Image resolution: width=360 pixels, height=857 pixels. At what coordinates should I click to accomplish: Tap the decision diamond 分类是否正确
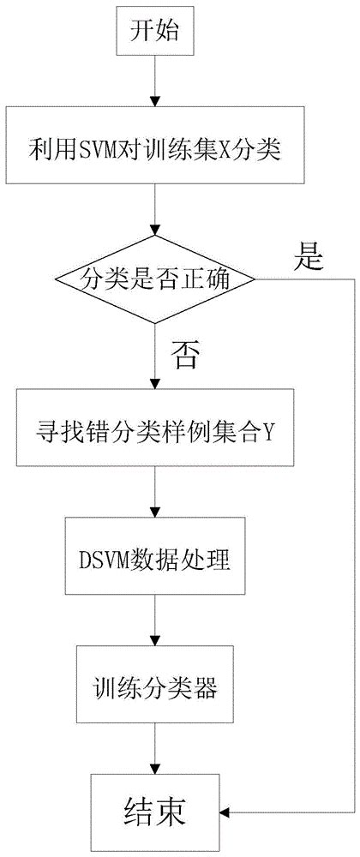(155, 278)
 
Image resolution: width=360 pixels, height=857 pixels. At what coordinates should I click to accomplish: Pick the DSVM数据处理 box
(154, 561)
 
